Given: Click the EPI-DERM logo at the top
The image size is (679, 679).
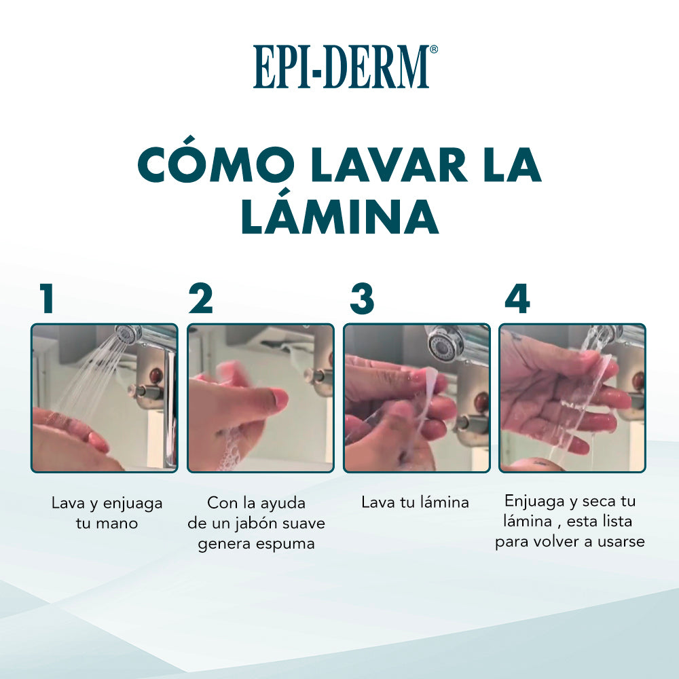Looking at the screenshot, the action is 345,67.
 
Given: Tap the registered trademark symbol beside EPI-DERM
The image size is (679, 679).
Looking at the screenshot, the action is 433,49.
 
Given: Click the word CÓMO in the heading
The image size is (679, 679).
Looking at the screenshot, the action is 216,164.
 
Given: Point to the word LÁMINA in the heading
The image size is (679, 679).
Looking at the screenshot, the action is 340,217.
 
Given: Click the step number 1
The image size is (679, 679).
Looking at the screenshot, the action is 47,298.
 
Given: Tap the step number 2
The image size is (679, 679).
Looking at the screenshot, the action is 201,298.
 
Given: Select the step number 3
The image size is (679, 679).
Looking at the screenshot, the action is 362,298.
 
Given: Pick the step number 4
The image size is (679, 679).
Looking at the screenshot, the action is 517,298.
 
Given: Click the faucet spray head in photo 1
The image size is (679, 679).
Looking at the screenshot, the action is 126,333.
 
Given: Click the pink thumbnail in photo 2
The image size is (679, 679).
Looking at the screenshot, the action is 276,397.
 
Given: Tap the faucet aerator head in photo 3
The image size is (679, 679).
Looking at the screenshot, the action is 443,342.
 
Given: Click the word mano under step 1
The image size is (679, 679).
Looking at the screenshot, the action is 117,524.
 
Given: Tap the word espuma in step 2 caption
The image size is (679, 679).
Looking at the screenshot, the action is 285,545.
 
